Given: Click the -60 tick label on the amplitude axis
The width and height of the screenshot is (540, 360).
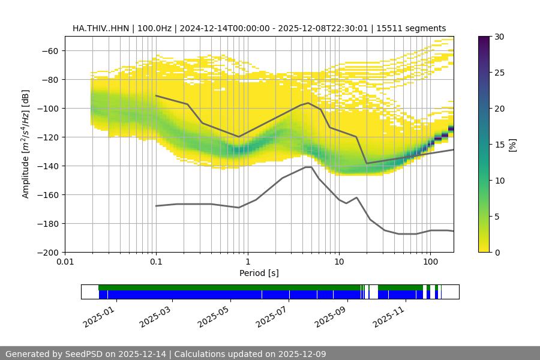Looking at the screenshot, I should click(x=49, y=50).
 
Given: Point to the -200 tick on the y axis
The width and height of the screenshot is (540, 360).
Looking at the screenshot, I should click(x=49, y=252).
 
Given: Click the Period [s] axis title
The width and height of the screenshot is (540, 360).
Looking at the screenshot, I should click(x=259, y=273).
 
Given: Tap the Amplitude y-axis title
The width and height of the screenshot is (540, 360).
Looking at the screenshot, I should click(x=25, y=144).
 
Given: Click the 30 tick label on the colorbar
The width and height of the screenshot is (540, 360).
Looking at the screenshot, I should click(x=499, y=37).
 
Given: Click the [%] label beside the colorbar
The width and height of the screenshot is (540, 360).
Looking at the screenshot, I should click(x=512, y=145).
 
